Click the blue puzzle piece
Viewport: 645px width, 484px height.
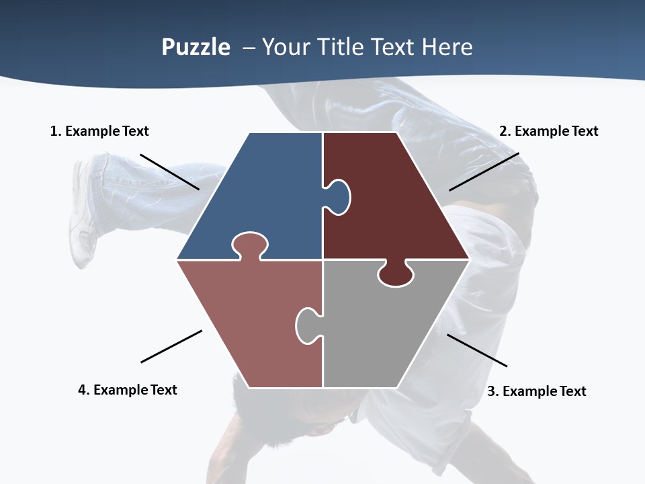pyautogui.click(x=269, y=195)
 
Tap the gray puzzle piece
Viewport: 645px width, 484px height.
pyautogui.click(x=383, y=329)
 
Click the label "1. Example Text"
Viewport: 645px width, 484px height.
pyautogui.click(x=99, y=131)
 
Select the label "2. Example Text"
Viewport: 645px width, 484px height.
pyautogui.click(x=548, y=131)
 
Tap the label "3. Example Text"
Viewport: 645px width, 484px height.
pyautogui.click(x=536, y=391)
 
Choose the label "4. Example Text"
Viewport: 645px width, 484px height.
pyautogui.click(x=128, y=390)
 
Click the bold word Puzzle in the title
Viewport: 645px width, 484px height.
pyautogui.click(x=196, y=47)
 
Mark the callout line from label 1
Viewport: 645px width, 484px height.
pyautogui.click(x=169, y=171)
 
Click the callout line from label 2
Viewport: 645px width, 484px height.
pyautogui.click(x=484, y=171)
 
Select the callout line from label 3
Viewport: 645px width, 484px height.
pyautogui.click(x=477, y=350)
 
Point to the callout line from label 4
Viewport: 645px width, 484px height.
pyautogui.click(x=171, y=346)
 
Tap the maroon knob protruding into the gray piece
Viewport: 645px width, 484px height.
pyautogui.click(x=395, y=274)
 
